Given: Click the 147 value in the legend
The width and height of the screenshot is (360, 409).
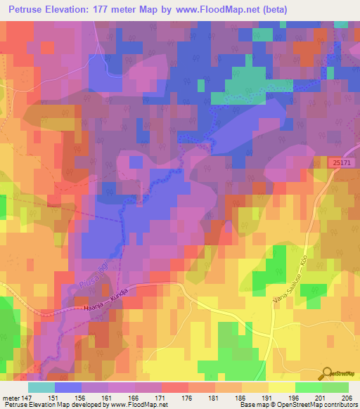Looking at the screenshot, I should [27, 396].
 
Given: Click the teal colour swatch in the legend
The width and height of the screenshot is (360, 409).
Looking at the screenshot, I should [41, 387].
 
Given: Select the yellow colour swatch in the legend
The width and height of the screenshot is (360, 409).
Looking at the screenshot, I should [281, 387].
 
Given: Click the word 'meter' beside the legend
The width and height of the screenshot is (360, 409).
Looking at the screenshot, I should [9, 396].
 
